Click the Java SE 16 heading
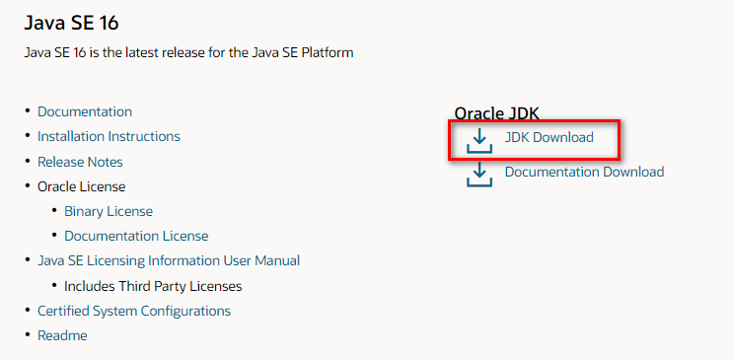pyautogui.click(x=78, y=21)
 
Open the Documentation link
pyautogui.click(x=85, y=111)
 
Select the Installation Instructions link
pyautogui.click(x=109, y=136)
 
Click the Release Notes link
pyautogui.click(x=80, y=161)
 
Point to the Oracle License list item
pyautogui.click(x=81, y=185)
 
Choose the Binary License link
pyautogui.click(x=109, y=211)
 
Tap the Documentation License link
pyautogui.click(x=136, y=236)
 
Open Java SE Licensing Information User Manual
pyautogui.click(x=169, y=260)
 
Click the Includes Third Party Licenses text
pyautogui.click(x=153, y=286)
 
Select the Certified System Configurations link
pyautogui.click(x=134, y=311)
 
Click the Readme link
pyautogui.click(x=62, y=335)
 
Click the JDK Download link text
pyautogui.click(x=550, y=137)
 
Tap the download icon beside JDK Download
pyautogui.click(x=479, y=140)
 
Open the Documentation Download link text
pyautogui.click(x=584, y=172)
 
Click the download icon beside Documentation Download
pyautogui.click(x=479, y=175)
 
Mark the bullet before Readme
pyautogui.click(x=27, y=336)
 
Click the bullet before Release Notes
pyautogui.click(x=27, y=162)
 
